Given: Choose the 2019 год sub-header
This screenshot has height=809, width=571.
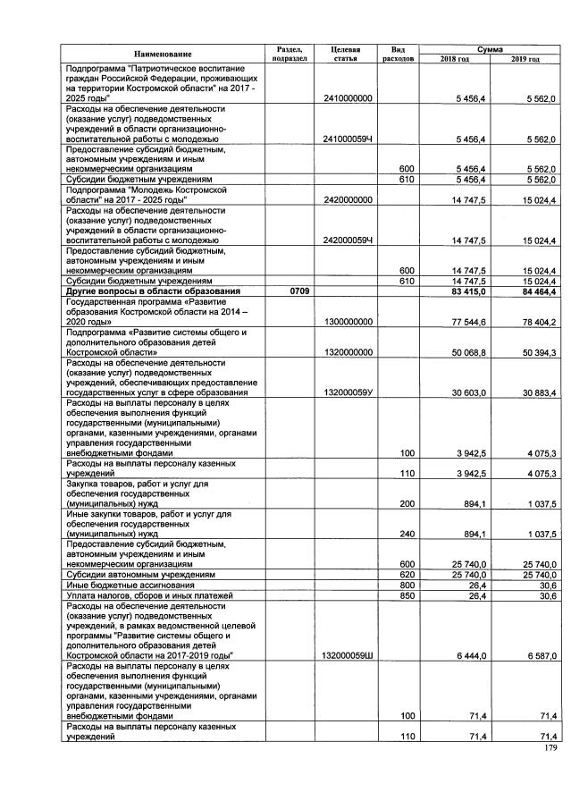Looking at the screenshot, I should (525, 60).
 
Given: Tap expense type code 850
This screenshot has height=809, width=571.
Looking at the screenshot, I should (394, 595).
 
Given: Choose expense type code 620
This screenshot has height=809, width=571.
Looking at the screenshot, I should (394, 575).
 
